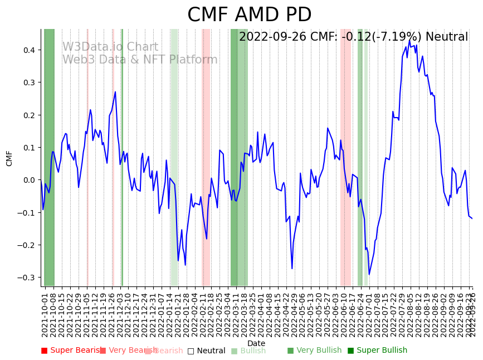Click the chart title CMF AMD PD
pyautogui.click(x=249, y=15)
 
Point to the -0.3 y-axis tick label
pyautogui.click(x=28, y=278)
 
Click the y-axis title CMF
pyautogui.click(x=9, y=158)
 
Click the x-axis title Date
pyautogui.click(x=256, y=344)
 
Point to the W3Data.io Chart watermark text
pyautogui.click(x=110, y=47)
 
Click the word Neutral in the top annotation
pyautogui.click(x=446, y=37)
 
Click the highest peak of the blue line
pyautogui.click(x=409, y=40)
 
